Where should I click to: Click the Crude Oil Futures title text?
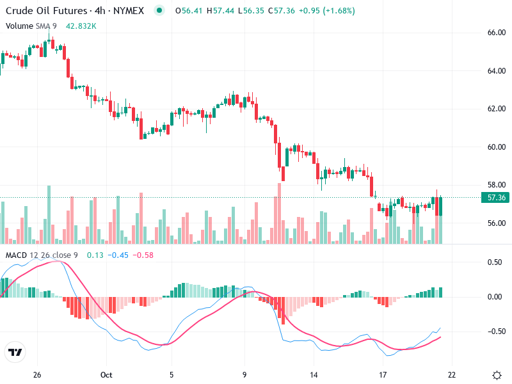click(44, 11)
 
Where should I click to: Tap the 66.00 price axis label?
click(497, 33)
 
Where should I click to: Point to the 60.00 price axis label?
click(497, 147)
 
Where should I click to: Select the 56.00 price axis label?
click(497, 223)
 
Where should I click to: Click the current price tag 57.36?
click(497, 198)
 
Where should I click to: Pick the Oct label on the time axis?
click(106, 374)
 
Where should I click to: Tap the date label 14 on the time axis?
click(314, 374)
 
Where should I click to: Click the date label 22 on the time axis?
click(451, 374)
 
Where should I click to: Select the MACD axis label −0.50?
click(495, 332)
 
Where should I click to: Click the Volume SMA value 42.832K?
click(81, 26)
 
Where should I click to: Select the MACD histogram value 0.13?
click(95, 255)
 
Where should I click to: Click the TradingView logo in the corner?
click(15, 353)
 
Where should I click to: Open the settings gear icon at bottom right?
click(497, 374)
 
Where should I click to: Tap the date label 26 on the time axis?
click(37, 374)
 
